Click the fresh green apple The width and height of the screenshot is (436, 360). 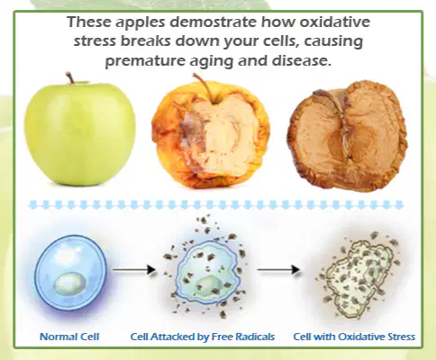click(x=80, y=133)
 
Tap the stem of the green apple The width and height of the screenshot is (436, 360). click(x=70, y=77)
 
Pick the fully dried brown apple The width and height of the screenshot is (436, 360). click(x=348, y=136)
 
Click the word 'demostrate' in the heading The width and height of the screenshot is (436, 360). click(x=213, y=22)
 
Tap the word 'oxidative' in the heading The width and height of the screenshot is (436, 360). click(x=335, y=22)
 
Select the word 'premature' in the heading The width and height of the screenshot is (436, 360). click(x=145, y=61)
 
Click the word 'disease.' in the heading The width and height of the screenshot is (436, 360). click(x=302, y=60)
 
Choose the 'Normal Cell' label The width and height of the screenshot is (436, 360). click(x=69, y=337)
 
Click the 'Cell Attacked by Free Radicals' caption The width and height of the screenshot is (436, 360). click(x=203, y=337)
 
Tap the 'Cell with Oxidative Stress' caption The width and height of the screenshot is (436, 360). click(x=354, y=337)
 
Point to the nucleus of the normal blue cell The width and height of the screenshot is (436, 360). click(x=69, y=283)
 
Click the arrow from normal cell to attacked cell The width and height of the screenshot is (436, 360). click(x=134, y=270)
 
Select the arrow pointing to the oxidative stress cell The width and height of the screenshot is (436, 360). click(x=278, y=270)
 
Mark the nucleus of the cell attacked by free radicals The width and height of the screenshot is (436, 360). click(x=209, y=285)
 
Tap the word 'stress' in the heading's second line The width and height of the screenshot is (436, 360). click(x=95, y=41)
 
